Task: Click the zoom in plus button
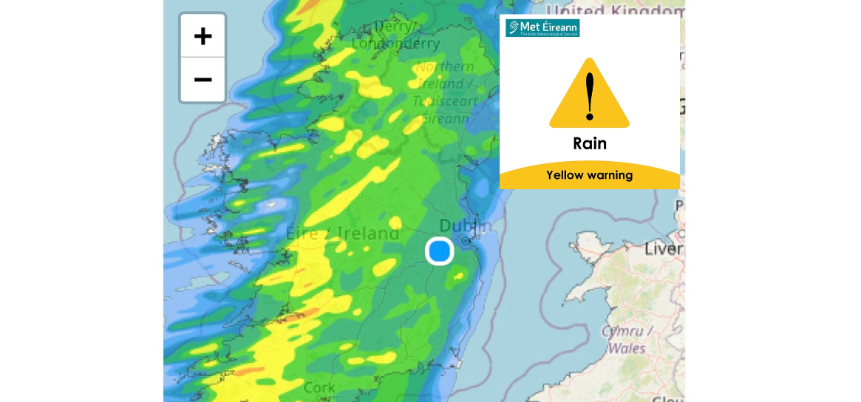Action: pyautogui.click(x=203, y=35)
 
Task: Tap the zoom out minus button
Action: pyautogui.click(x=203, y=79)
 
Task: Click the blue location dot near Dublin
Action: pyautogui.click(x=439, y=251)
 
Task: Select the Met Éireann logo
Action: pyautogui.click(x=542, y=28)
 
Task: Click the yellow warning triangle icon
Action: pyautogui.click(x=589, y=95)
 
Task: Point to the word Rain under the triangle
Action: pyautogui.click(x=589, y=143)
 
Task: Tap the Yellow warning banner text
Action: pyautogui.click(x=589, y=175)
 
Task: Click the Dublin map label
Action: pyautogui.click(x=465, y=225)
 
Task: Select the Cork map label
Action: pyautogui.click(x=319, y=387)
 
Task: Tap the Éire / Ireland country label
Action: pyautogui.click(x=343, y=234)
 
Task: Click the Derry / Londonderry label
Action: pyautogui.click(x=395, y=35)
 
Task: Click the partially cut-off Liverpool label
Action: pyautogui.click(x=663, y=249)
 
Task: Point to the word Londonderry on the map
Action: pyautogui.click(x=395, y=44)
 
